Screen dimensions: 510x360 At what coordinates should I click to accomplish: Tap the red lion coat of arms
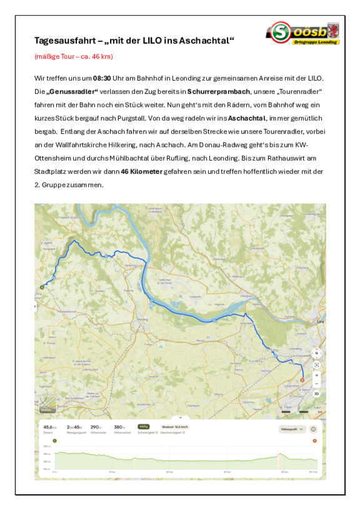click(332, 29)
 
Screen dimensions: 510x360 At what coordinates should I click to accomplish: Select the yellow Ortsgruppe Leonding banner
click(317, 42)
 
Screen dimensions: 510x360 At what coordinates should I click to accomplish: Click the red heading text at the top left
click(74, 57)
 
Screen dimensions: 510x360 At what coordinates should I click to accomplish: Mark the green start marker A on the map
click(42, 287)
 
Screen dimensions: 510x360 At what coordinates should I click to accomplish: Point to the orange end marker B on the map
click(302, 379)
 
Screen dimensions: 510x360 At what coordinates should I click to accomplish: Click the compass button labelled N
click(317, 353)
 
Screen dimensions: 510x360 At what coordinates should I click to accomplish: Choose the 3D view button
click(317, 394)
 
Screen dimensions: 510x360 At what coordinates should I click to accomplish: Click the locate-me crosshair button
click(317, 364)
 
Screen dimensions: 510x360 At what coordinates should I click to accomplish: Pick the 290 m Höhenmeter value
click(96, 427)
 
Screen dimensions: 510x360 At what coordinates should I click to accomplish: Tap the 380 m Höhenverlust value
click(119, 427)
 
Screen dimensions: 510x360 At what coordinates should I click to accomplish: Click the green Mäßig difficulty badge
click(144, 426)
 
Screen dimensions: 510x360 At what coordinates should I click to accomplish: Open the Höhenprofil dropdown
click(292, 429)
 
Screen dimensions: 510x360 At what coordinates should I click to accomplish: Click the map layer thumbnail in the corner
click(47, 404)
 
